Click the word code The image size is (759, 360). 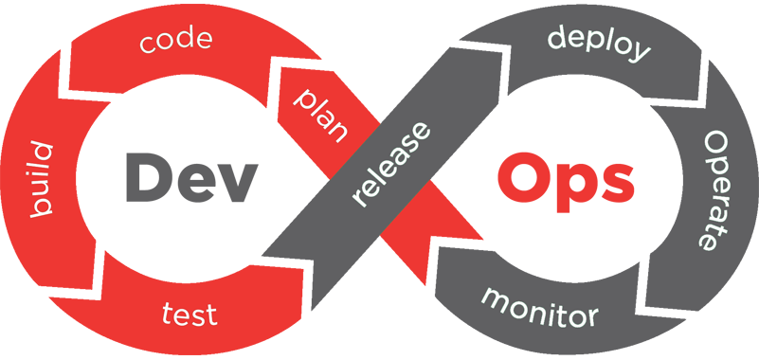tap(175, 40)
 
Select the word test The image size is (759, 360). tap(190, 313)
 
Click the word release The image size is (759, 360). tap(390, 165)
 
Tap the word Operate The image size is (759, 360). tap(715, 190)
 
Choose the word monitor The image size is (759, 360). tap(539, 306)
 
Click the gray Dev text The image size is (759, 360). tap(190, 177)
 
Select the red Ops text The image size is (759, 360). tap(566, 184)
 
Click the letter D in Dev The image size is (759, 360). tap(149, 177)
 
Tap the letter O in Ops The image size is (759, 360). tap(521, 179)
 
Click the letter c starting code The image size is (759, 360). tap(148, 43)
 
